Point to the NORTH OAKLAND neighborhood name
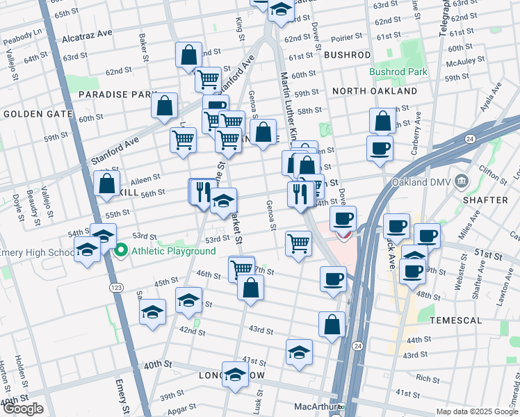(374, 91)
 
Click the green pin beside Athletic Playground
(121, 250)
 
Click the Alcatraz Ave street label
(86, 33)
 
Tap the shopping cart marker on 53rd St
(298, 244)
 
